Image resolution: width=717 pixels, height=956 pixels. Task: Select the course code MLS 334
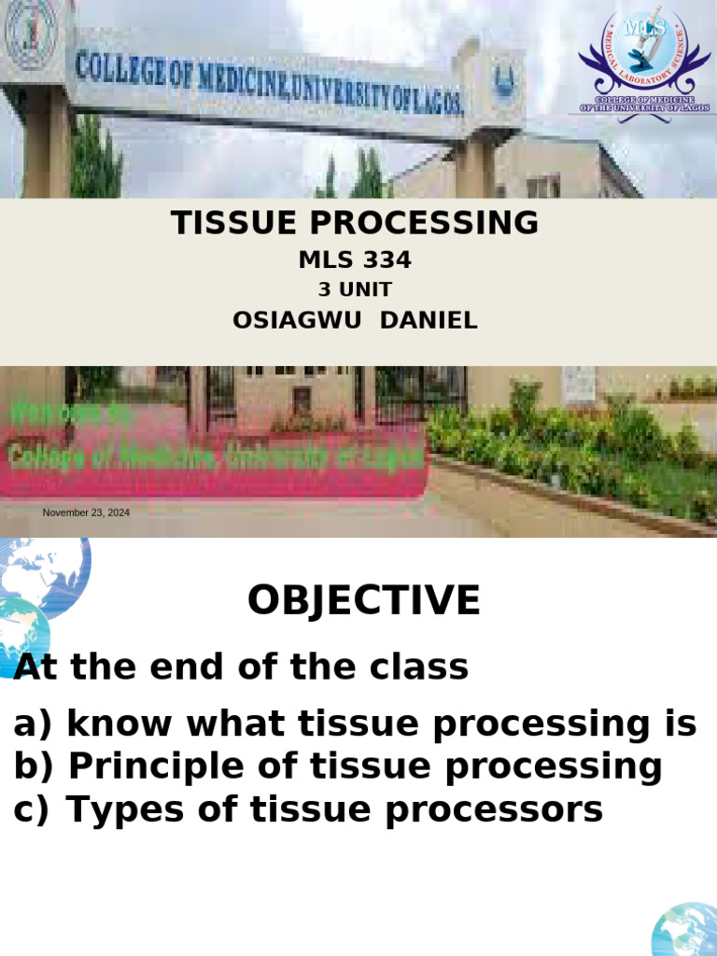click(x=354, y=260)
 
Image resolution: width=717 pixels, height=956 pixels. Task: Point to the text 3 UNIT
click(x=354, y=289)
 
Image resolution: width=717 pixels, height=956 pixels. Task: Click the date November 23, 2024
click(x=86, y=513)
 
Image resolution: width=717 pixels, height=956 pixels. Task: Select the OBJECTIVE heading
click(x=363, y=600)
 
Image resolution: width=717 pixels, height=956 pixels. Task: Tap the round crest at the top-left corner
click(x=31, y=35)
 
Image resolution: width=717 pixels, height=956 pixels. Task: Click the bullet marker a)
click(x=35, y=724)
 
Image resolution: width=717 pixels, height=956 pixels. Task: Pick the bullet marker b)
click(x=35, y=767)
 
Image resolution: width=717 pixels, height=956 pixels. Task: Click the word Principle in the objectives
click(x=155, y=767)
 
